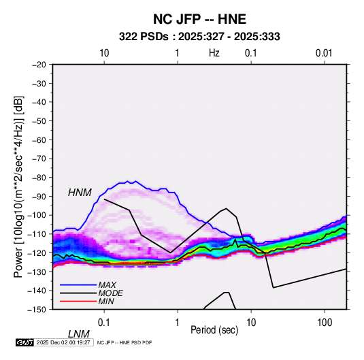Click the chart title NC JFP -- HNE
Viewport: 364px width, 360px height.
point(199,19)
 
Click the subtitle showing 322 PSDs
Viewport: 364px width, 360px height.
point(199,37)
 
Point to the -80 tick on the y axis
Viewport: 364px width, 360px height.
point(39,178)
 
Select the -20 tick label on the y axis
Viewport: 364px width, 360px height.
point(39,65)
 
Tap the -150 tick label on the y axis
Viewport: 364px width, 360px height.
point(37,310)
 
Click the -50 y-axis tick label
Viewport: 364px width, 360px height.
point(39,121)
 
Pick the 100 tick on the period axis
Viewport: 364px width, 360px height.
point(325,323)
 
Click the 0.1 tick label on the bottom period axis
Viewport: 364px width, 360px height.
point(104,323)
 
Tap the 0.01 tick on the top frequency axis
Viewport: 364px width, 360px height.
point(324,53)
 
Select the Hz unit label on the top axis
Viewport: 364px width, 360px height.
point(214,53)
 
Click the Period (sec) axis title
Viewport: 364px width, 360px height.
point(214,330)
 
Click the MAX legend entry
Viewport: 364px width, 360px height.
point(107,285)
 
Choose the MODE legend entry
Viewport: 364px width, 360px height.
point(110,293)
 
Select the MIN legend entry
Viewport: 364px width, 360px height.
point(106,301)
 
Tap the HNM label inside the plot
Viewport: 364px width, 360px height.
point(80,193)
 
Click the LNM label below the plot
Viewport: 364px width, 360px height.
point(78,334)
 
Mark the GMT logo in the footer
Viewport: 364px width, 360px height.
point(25,342)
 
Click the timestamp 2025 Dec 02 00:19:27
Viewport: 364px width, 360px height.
point(63,342)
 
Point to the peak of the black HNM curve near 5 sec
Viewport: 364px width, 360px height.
point(226,208)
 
